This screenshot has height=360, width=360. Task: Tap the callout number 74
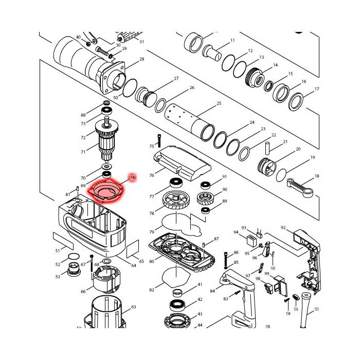pyautogui.click(x=132, y=177)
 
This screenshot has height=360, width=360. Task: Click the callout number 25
pyautogui.click(x=219, y=104)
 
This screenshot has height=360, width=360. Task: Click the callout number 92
pyautogui.click(x=283, y=227)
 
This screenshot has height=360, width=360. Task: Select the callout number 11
pyautogui.click(x=232, y=40)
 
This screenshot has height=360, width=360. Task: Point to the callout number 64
pyautogui.click(x=134, y=266)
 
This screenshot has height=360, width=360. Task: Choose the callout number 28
pyautogui.click(x=141, y=60)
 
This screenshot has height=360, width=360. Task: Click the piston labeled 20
pyautogui.click(x=267, y=168)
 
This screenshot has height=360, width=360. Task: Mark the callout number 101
pyautogui.click(x=317, y=309)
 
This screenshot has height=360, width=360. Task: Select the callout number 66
pyautogui.click(x=83, y=292)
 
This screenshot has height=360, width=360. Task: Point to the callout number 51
pyautogui.click(x=58, y=250)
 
